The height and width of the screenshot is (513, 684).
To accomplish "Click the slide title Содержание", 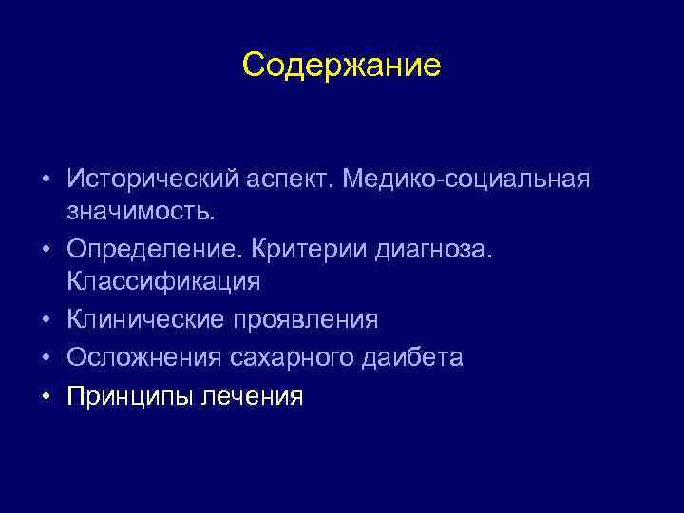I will coord(341,65).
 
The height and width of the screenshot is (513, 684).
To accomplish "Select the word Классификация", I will coord(163,282).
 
